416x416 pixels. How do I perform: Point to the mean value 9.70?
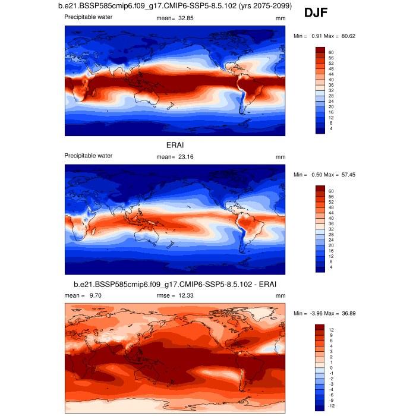[x=95, y=295]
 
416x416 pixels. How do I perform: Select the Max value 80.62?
[x=347, y=36]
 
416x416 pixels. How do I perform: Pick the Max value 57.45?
[x=347, y=175]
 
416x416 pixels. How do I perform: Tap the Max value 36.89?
[x=347, y=313]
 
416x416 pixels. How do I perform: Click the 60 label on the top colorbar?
[x=330, y=52]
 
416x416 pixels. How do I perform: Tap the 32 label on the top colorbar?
[x=330, y=90]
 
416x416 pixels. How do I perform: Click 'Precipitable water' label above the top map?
[x=89, y=17]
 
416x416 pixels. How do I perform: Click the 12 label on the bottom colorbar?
[x=330, y=330]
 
